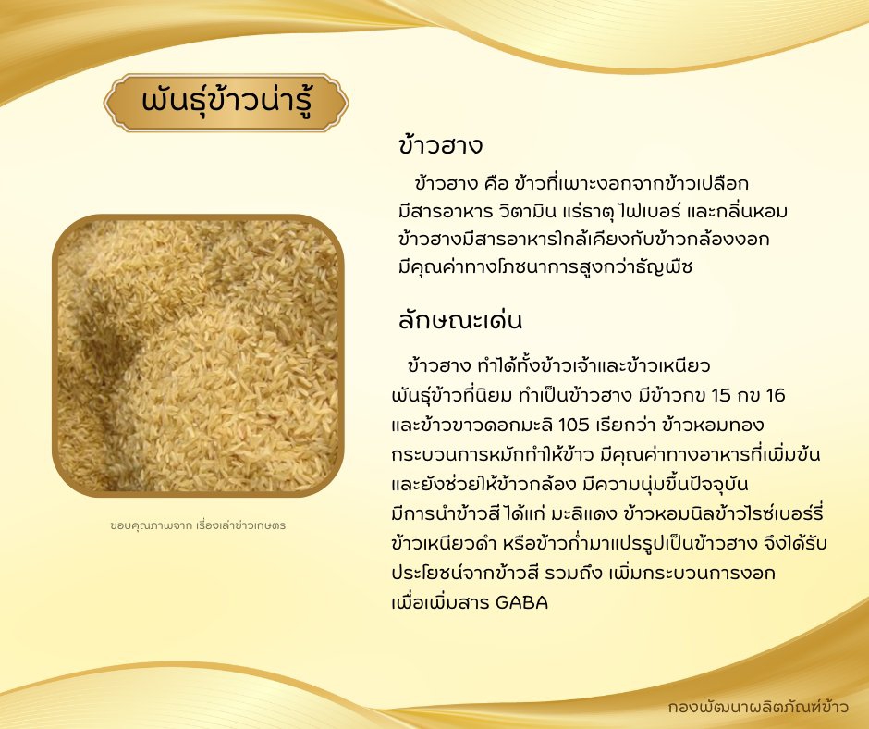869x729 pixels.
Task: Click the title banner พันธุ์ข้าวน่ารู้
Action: coord(226,103)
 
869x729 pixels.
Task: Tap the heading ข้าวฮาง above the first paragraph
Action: coord(441,146)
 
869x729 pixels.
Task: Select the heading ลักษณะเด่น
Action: coord(460,320)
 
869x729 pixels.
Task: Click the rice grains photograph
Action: coord(198,355)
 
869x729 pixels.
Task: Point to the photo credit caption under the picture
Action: coord(198,525)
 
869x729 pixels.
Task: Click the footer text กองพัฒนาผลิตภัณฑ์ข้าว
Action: coord(758,707)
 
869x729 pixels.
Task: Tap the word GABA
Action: coord(521,602)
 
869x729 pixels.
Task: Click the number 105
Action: coord(573,425)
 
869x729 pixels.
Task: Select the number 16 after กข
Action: coord(776,396)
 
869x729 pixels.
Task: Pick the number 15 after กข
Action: coord(721,396)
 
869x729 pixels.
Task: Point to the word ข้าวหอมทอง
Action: coord(712,425)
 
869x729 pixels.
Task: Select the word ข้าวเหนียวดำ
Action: coord(444,543)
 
